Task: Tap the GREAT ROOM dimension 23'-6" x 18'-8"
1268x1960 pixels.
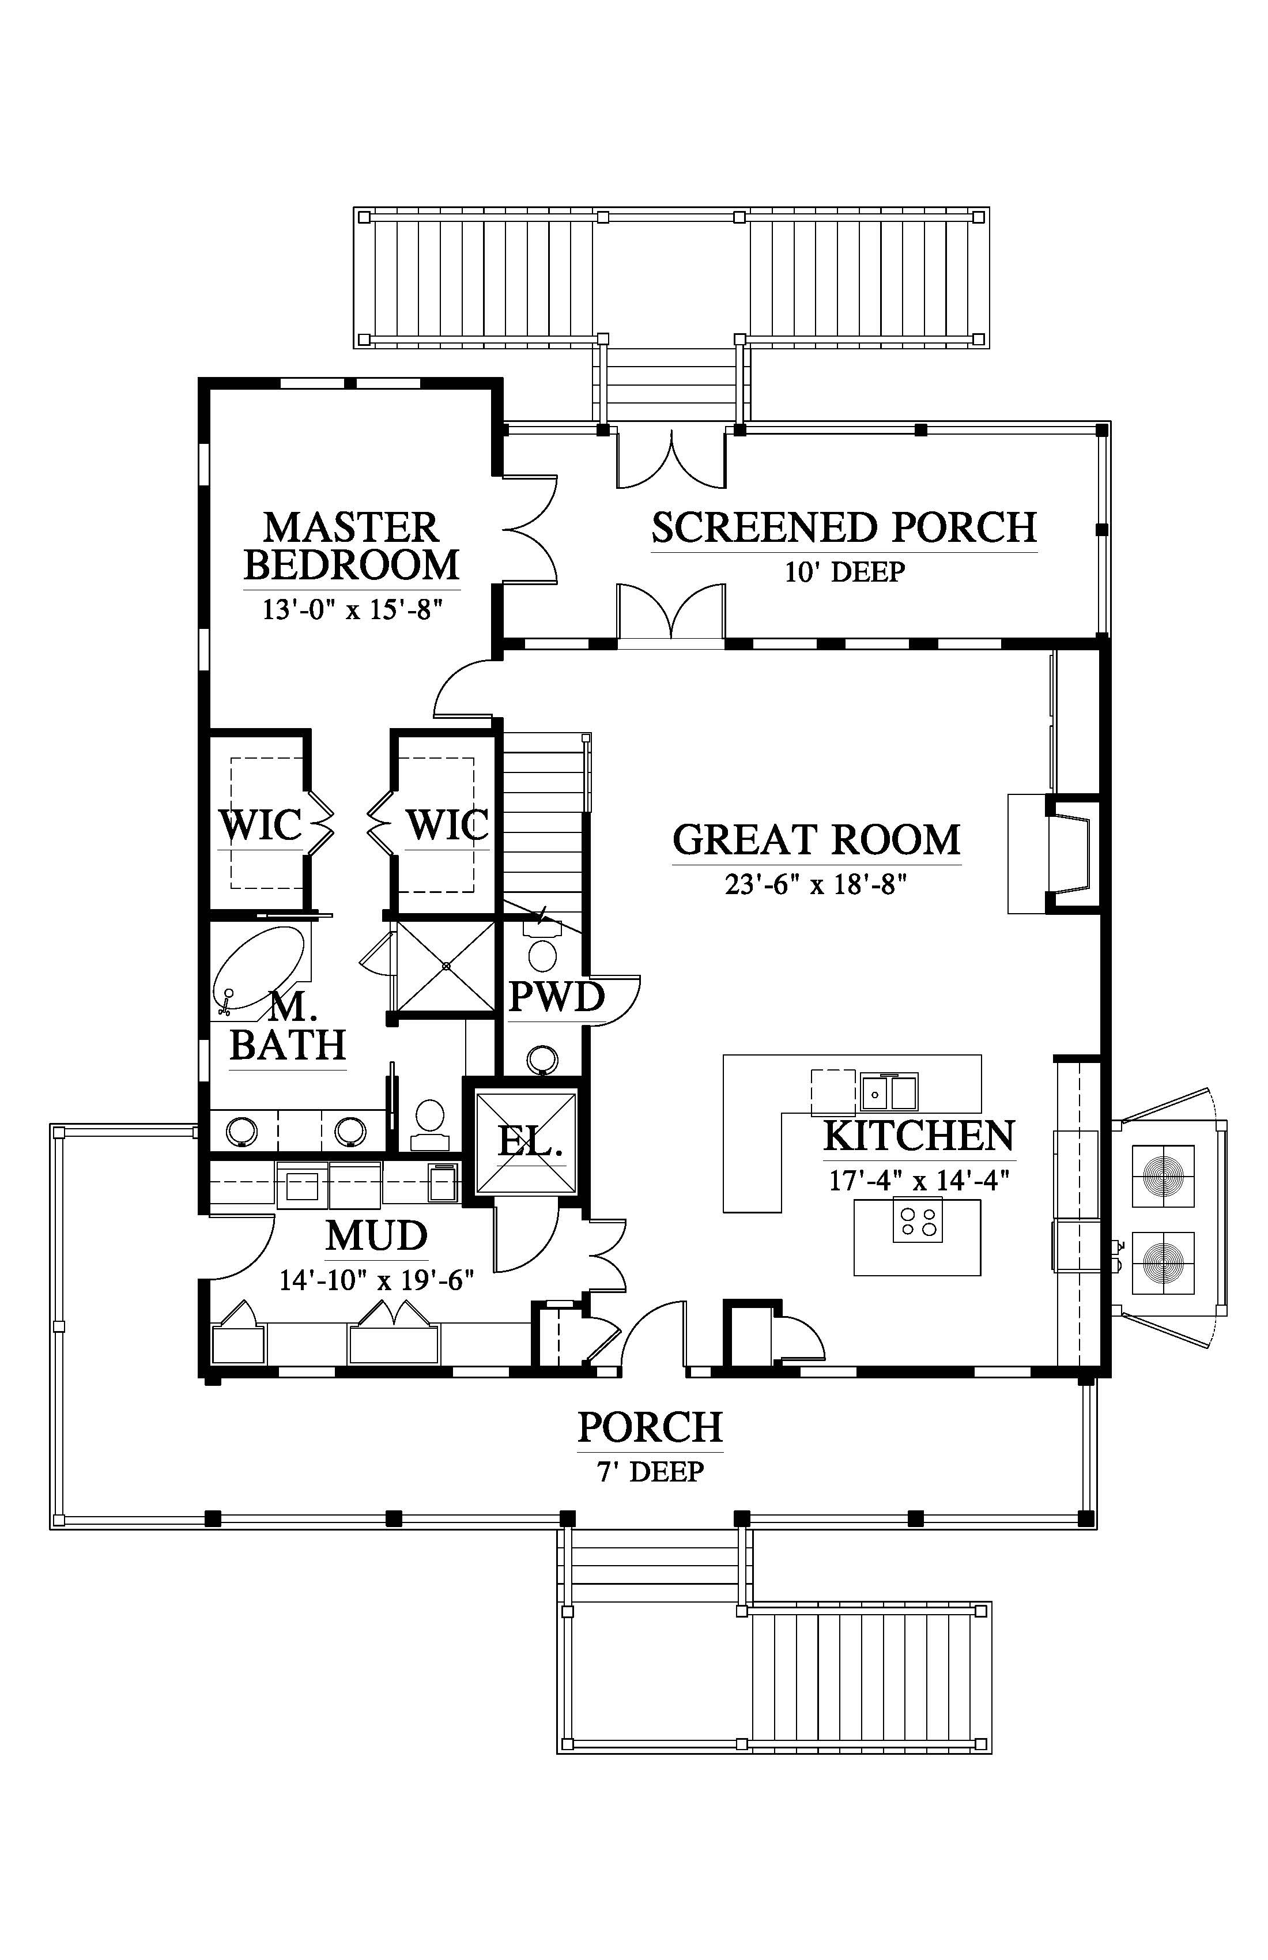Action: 816,885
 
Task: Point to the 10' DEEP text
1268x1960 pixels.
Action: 844,571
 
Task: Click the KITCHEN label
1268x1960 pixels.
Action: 919,1136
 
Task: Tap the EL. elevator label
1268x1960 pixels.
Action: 530,1142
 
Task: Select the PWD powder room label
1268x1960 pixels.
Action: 557,997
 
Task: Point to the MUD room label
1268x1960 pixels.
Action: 376,1236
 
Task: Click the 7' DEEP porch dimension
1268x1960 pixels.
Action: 651,1472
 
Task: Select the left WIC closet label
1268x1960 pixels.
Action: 260,824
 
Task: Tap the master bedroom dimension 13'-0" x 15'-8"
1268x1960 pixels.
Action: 352,610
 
